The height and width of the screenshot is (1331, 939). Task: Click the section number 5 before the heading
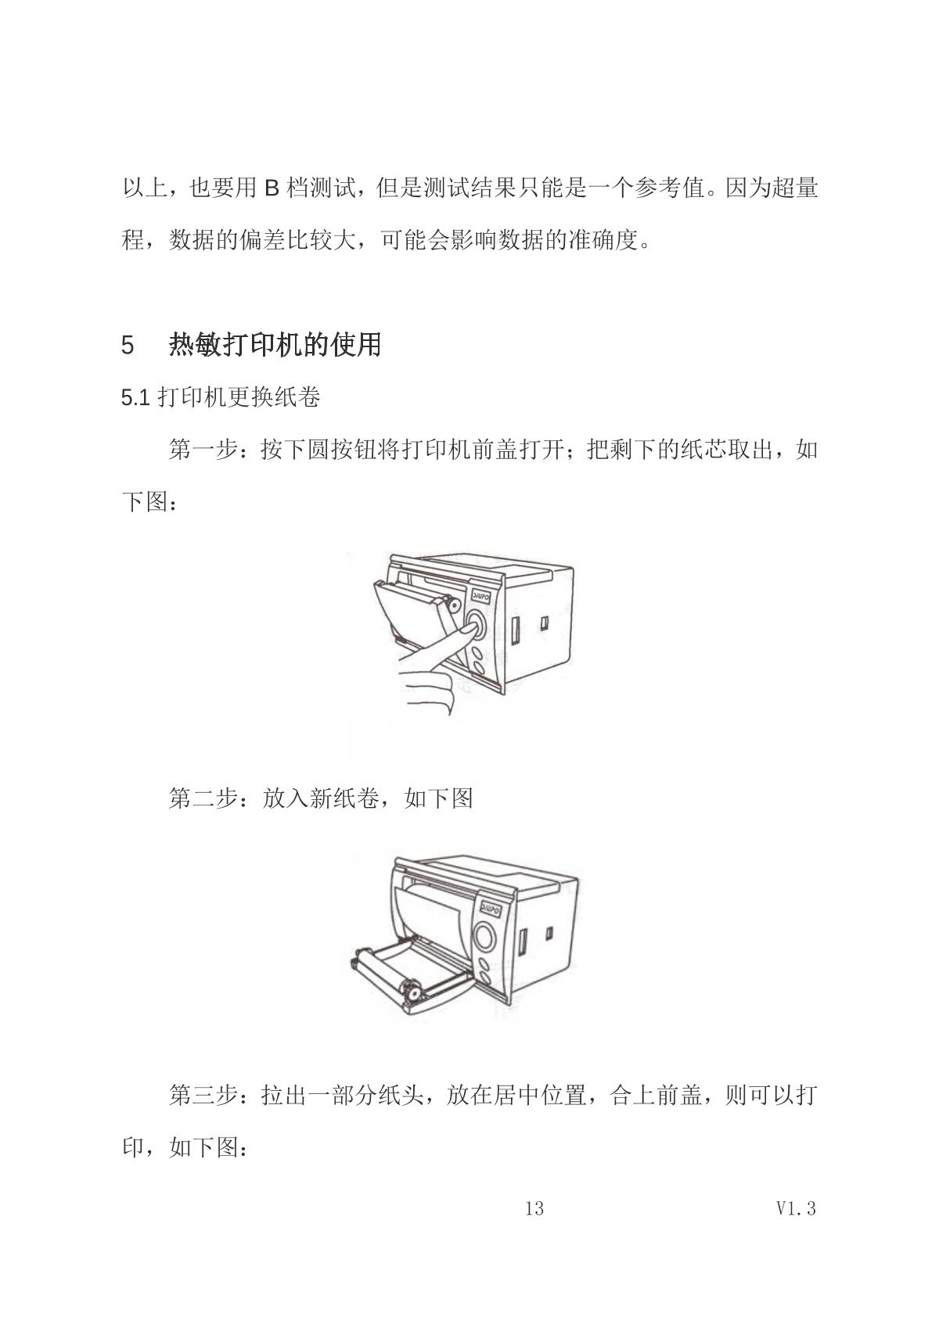tap(128, 346)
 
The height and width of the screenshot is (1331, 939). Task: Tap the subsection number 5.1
tap(135, 398)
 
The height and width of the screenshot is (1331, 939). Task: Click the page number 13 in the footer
tap(534, 1208)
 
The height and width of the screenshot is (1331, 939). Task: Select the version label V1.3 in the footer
tap(796, 1208)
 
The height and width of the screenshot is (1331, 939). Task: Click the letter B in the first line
tap(272, 188)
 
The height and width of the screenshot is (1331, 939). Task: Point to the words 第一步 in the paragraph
tap(203, 450)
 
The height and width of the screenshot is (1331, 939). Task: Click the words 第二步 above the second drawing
tap(203, 798)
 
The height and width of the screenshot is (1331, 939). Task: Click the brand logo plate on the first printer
tap(481, 595)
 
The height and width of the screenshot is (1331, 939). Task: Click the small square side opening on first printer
tap(544, 622)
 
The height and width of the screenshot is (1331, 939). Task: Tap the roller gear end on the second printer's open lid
tap(411, 991)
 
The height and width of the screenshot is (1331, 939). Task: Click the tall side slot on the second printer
tap(523, 941)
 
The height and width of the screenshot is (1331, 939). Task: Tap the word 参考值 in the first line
tap(669, 188)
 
